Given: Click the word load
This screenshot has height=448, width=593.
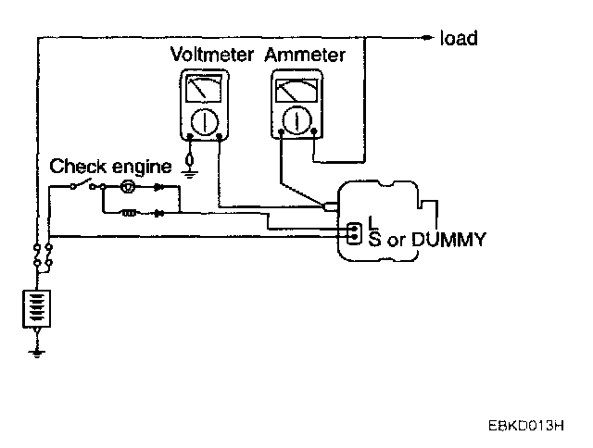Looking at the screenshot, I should [x=459, y=38].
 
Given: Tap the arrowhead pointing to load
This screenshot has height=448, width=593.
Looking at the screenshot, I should [x=427, y=38].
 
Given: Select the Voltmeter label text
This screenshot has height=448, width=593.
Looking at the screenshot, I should [x=212, y=55].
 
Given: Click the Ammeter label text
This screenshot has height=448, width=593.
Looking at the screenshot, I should [x=305, y=55].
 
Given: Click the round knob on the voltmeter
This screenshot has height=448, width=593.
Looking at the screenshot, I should [x=204, y=121].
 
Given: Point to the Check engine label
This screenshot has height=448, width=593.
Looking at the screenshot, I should [x=110, y=167].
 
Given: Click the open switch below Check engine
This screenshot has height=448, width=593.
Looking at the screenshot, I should [x=84, y=185].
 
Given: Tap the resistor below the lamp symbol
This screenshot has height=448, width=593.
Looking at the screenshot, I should [x=130, y=212].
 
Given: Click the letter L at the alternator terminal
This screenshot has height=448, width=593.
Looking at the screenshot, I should [x=372, y=221].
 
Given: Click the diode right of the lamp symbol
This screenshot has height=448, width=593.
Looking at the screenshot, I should [x=159, y=186].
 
